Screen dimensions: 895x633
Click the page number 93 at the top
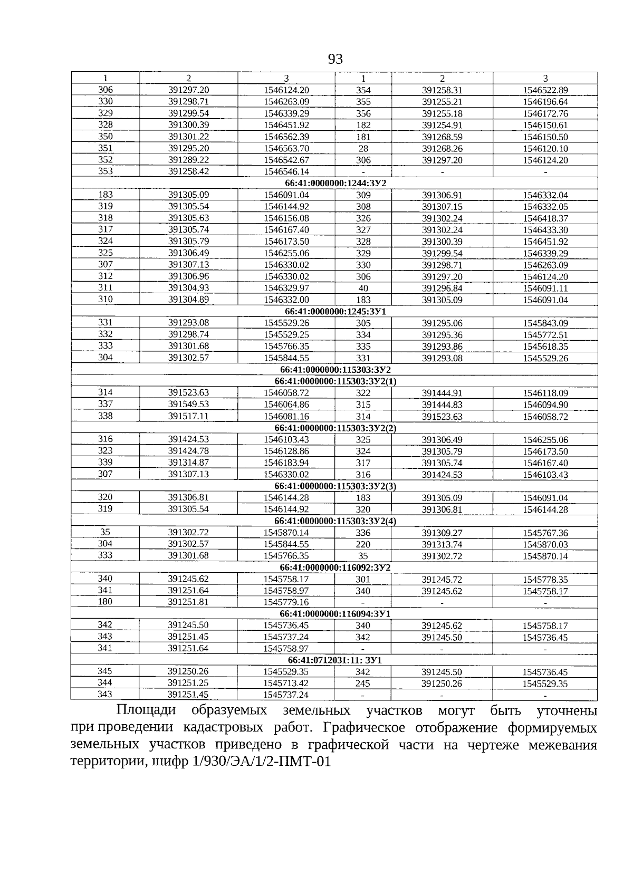pyautogui.click(x=335, y=59)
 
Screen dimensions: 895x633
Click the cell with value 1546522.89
pyautogui.click(x=545, y=90)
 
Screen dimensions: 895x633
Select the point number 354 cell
pyautogui.click(x=363, y=90)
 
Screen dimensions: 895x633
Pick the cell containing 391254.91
pyautogui.click(x=442, y=125)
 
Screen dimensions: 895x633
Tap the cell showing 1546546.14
pyautogui.click(x=286, y=171)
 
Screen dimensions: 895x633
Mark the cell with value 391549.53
pyautogui.click(x=188, y=405)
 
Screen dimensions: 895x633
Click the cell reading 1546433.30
pyautogui.click(x=545, y=230)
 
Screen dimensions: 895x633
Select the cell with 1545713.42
pyautogui.click(x=286, y=684)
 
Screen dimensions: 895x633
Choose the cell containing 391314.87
pyautogui.click(x=188, y=463)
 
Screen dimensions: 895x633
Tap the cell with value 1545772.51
pyautogui.click(x=545, y=335)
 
